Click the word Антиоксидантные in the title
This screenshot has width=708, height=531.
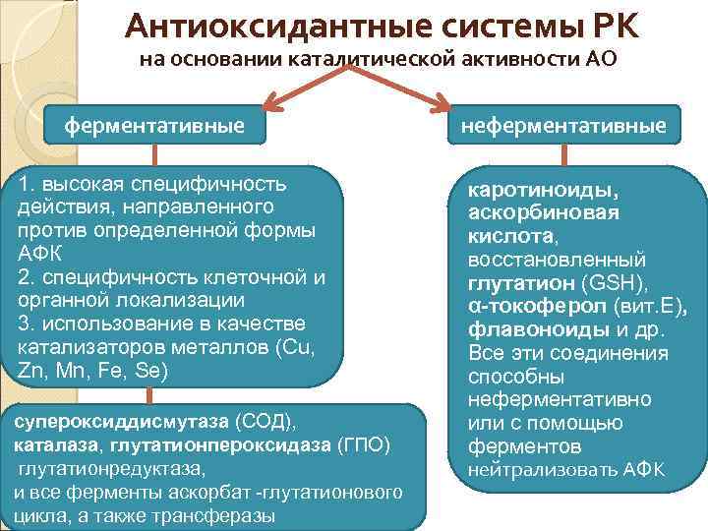click(x=240, y=27)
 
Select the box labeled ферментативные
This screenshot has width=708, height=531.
click(x=154, y=126)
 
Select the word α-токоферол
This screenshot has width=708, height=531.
click(x=528, y=307)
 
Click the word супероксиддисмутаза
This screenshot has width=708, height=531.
click(x=116, y=422)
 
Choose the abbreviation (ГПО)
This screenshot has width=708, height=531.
click(x=364, y=445)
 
